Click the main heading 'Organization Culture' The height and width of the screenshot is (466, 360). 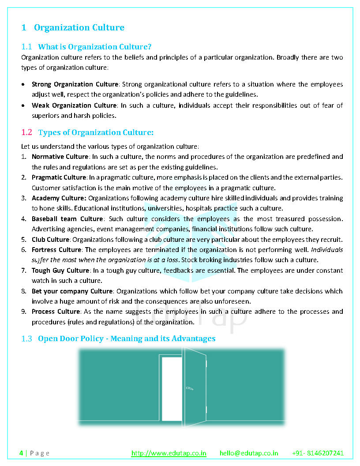79,27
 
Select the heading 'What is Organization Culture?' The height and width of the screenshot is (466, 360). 95,47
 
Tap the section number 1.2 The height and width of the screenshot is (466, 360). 27,132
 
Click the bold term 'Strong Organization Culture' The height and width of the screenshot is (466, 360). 75,84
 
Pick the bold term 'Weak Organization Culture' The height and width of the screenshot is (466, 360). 74,105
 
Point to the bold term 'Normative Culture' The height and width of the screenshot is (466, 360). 60,157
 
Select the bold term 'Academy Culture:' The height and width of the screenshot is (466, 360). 59,198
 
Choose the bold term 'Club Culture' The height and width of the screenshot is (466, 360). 50,240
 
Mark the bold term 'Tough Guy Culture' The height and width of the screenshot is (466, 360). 60,271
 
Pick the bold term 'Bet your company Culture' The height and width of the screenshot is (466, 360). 72,291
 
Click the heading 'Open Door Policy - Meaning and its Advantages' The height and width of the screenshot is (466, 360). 127,338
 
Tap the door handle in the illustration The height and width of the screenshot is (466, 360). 189,388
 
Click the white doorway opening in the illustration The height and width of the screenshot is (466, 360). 172,388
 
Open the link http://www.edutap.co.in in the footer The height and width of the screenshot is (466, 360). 169,453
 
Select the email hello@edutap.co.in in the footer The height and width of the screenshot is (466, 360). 249,453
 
